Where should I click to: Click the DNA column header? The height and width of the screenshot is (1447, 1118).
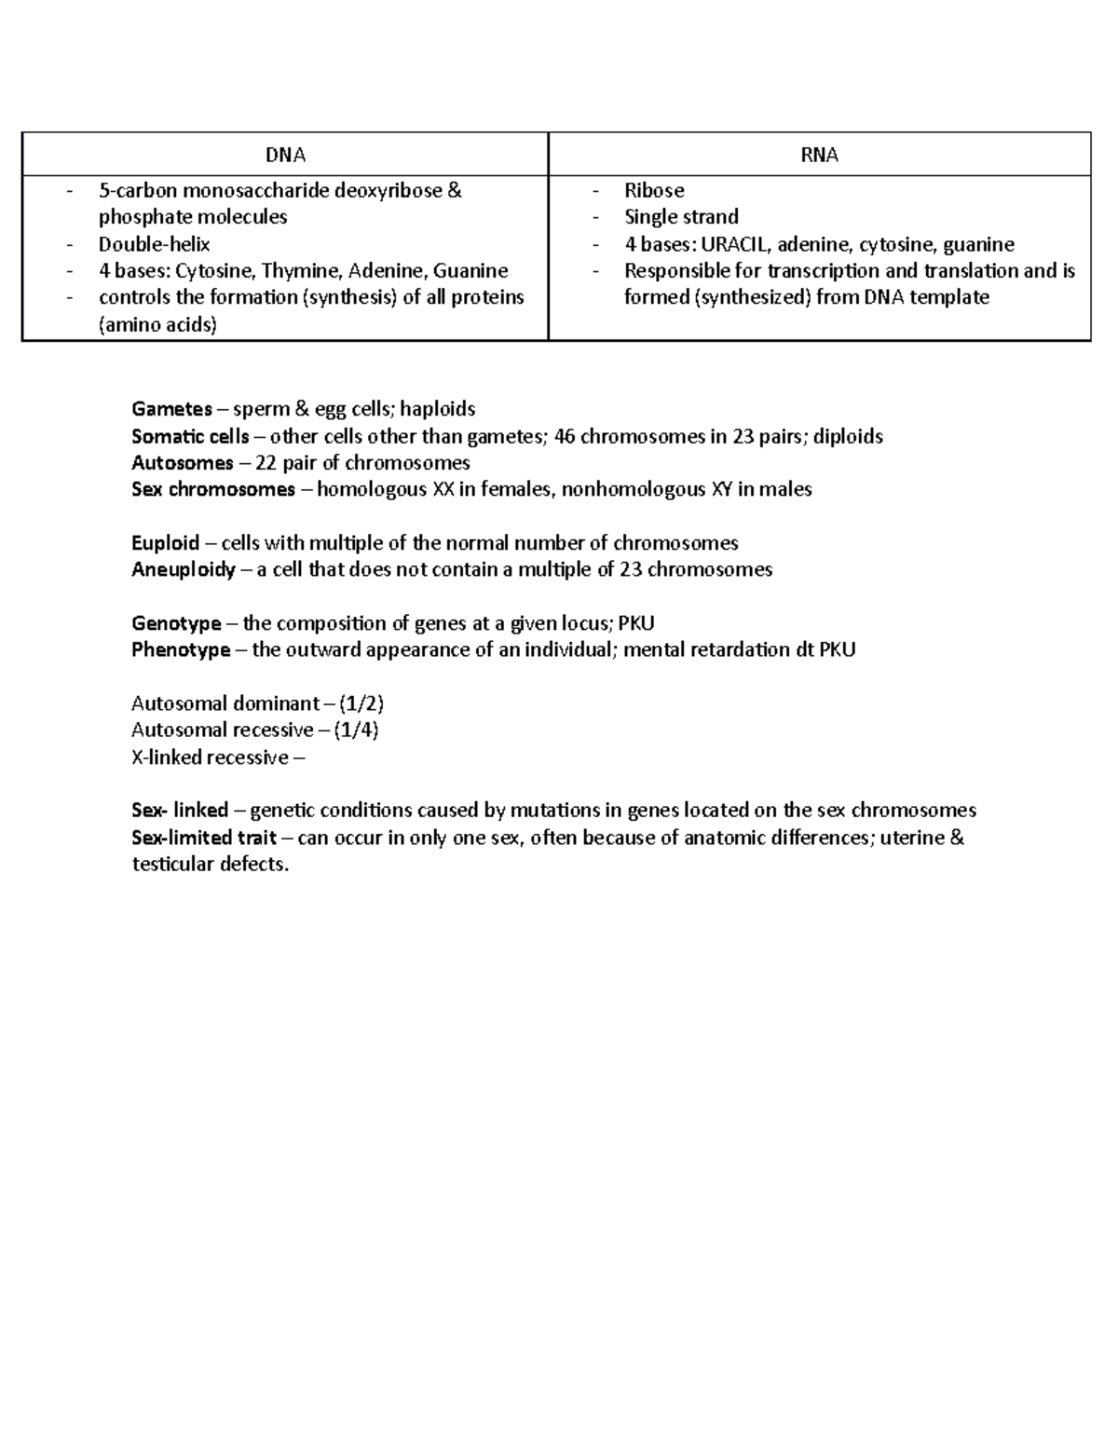(x=285, y=156)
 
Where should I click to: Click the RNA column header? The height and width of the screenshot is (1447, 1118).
(x=819, y=156)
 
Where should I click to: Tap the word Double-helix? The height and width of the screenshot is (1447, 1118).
(x=155, y=245)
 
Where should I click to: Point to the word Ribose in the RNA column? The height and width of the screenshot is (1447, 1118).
(x=654, y=191)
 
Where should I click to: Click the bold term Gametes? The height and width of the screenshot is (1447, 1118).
(x=172, y=409)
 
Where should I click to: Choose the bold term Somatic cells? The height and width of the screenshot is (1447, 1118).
(x=190, y=436)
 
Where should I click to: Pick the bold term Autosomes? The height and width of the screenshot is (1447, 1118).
(x=183, y=463)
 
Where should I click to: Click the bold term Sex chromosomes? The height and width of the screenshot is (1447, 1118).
(x=213, y=489)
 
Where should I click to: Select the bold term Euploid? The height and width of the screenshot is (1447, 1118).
(x=166, y=543)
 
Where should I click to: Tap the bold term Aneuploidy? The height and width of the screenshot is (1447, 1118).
(x=184, y=569)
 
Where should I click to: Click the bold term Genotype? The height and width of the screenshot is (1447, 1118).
(x=177, y=623)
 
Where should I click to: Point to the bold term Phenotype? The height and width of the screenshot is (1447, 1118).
(x=182, y=649)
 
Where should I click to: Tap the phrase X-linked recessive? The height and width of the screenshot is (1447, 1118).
(x=211, y=758)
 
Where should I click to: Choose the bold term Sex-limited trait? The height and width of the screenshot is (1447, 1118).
(x=204, y=838)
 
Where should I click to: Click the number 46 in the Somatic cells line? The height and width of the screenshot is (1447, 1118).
(x=565, y=436)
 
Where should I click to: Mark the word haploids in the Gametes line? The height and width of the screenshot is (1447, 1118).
(x=438, y=409)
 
